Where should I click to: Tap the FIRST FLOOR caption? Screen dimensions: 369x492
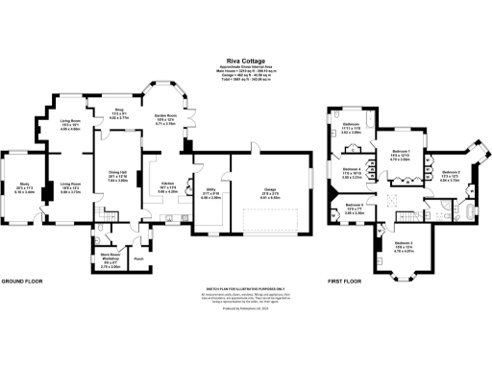[343, 281]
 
